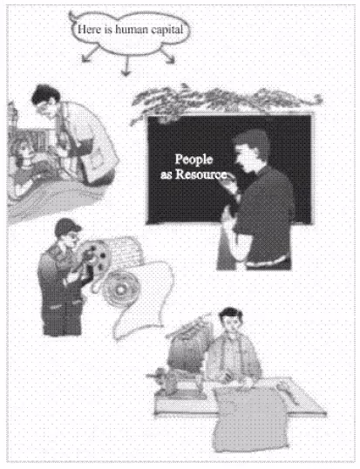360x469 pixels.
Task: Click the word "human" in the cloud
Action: (132, 29)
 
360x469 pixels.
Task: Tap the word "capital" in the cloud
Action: (166, 30)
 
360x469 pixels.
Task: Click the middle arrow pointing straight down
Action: (126, 65)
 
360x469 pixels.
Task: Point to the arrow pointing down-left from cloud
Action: (90, 54)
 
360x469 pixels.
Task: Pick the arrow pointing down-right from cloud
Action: (166, 55)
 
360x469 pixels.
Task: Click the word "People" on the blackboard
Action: (194, 160)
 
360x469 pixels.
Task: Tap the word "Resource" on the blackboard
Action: (200, 174)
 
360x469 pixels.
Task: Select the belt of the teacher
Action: (267, 262)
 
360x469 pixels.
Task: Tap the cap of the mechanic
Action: (67, 227)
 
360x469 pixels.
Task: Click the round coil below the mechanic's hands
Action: (120, 289)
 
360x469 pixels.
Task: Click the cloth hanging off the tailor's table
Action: (249, 418)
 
